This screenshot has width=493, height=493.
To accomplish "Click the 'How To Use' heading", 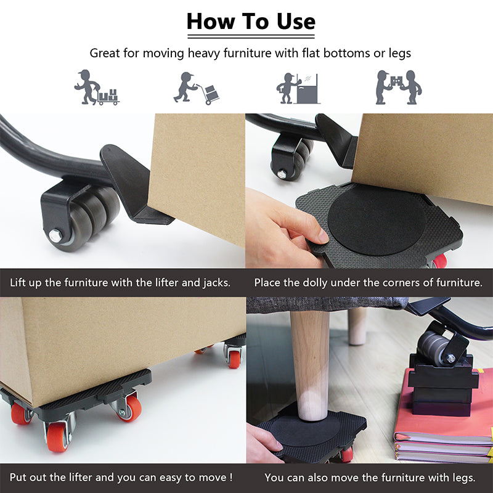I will (x=251, y=21).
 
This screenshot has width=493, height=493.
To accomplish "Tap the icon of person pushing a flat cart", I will (x=96, y=88).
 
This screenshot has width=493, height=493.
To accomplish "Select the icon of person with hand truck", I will (x=197, y=88).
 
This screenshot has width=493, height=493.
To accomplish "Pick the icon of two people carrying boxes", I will (x=398, y=88).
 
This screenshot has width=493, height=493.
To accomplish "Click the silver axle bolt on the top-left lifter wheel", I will (x=55, y=235).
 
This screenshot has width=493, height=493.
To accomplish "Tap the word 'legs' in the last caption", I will (x=462, y=477).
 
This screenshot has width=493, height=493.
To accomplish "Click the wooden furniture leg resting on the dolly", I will (x=309, y=364).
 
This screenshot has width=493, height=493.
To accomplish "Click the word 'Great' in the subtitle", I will (x=105, y=53).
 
